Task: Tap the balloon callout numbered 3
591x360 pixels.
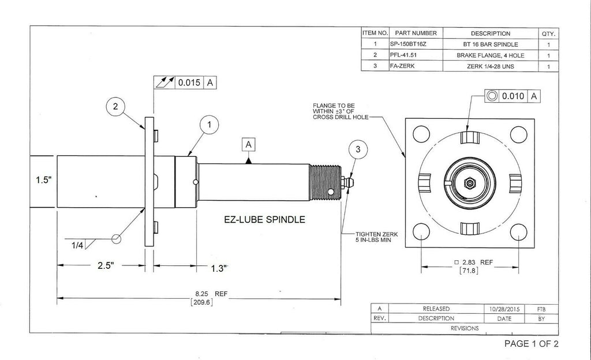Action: (358, 149)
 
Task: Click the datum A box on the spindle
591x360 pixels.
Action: (249, 145)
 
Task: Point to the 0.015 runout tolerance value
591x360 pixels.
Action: (188, 82)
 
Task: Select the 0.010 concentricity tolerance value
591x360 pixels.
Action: (513, 96)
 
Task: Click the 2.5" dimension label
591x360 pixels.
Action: (104, 265)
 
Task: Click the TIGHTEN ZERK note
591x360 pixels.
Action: (379, 237)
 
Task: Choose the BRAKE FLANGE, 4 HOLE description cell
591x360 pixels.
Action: (490, 55)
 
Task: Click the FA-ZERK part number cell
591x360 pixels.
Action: (403, 66)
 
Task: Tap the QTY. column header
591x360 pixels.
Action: (548, 33)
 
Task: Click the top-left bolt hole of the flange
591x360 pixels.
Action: (422, 134)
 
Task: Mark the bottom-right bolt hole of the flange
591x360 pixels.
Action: (518, 231)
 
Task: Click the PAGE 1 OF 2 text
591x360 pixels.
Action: (531, 344)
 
